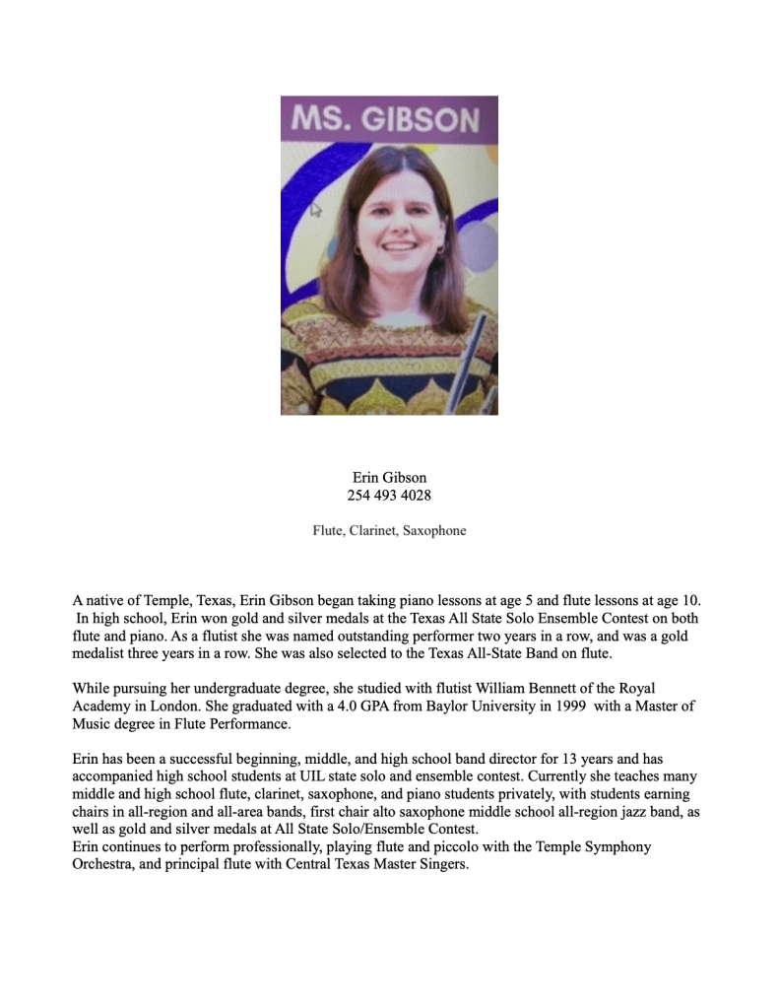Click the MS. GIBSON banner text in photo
[x=389, y=119]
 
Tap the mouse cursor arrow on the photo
[x=317, y=209]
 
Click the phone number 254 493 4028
[x=389, y=495]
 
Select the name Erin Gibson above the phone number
[x=389, y=477]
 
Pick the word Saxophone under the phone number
[x=435, y=530]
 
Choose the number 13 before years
[x=570, y=759]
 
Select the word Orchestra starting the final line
[x=104, y=864]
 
